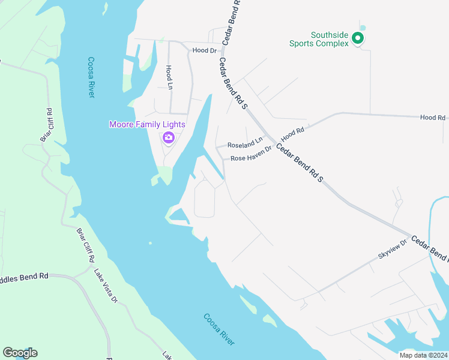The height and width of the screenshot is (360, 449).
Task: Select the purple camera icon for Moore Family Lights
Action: point(168,138)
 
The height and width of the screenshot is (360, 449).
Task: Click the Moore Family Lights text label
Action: point(147,124)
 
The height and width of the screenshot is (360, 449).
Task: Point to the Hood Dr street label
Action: point(204,50)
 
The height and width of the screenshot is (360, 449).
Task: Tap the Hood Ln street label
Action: point(169,77)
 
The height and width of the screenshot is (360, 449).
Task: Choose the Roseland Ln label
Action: point(245,144)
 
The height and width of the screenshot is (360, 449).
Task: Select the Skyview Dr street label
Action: point(393,248)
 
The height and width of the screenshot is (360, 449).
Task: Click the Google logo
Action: point(20,353)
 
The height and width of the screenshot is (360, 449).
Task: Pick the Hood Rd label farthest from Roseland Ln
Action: point(432,118)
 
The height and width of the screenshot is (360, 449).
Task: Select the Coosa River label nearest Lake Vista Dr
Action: point(218,329)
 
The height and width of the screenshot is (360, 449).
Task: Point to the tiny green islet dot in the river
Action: point(150,243)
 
